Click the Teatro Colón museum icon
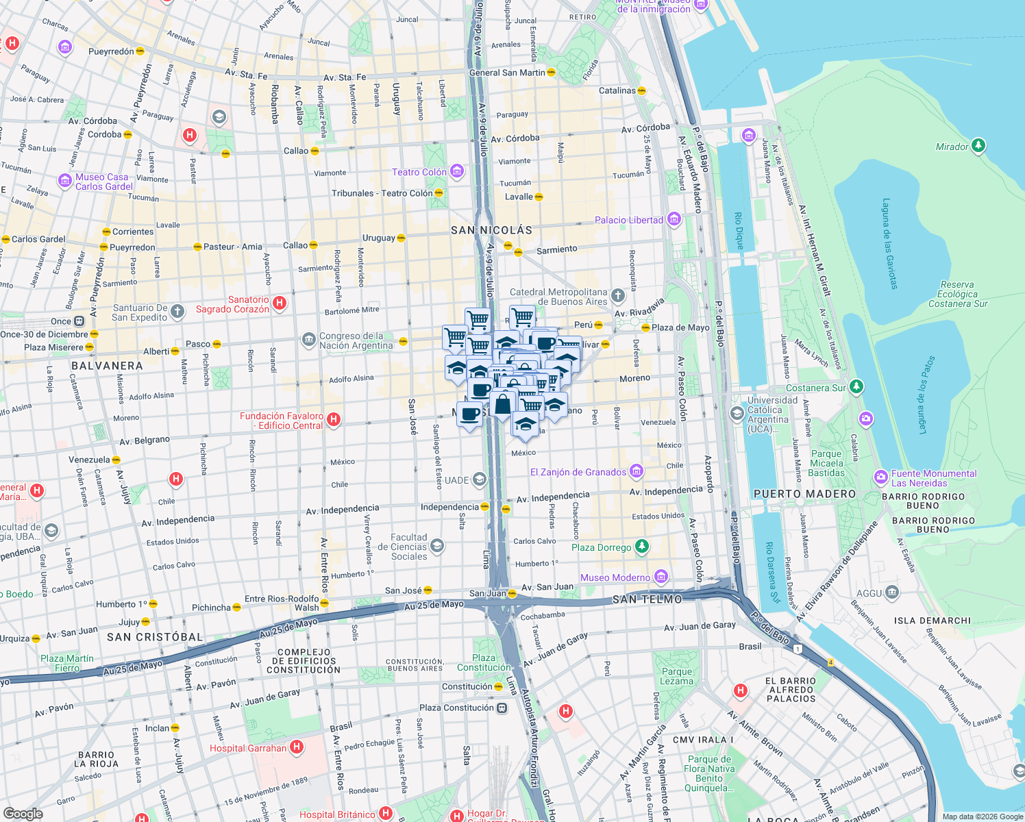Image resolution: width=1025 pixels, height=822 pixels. (457, 171)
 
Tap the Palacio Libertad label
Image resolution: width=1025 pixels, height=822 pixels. (628, 220)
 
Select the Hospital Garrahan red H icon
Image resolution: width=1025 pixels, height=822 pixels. (297, 747)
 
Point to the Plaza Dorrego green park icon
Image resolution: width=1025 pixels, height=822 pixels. (641, 547)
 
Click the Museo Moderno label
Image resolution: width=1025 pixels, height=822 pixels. (615, 577)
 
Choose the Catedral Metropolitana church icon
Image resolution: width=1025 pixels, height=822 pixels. (618, 296)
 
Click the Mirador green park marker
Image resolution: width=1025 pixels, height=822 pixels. (978, 146)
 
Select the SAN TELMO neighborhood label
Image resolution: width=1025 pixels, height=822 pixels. (647, 599)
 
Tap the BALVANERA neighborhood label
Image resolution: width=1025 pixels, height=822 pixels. (107, 366)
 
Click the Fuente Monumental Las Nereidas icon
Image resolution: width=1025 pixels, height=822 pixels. (880, 477)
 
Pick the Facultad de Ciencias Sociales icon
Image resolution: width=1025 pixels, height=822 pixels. (437, 546)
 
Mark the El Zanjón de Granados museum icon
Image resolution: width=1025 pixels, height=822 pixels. (637, 471)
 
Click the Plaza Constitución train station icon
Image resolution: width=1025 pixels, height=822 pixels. (502, 708)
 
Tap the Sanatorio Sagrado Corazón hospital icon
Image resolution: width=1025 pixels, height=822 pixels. (280, 303)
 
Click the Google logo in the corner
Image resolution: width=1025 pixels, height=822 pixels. (23, 813)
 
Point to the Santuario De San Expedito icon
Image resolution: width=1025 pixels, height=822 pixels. (177, 312)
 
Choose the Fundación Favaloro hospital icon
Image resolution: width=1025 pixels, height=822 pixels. (334, 420)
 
